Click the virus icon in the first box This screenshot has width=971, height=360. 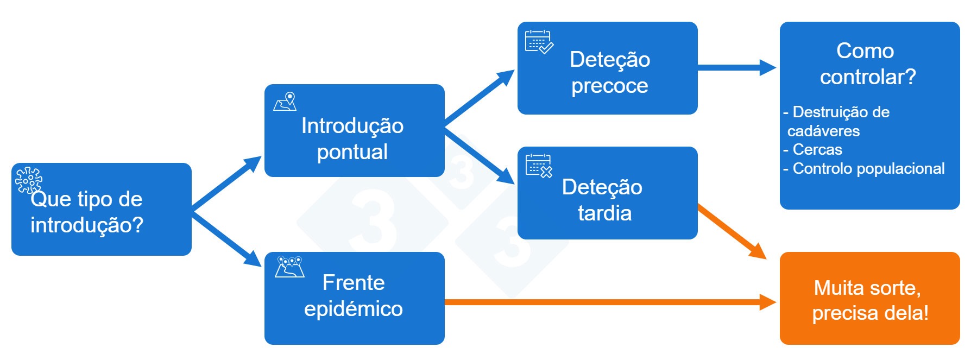[28, 180]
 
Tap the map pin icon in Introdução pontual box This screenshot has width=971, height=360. [285, 102]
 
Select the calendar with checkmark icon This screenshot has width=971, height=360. [539, 42]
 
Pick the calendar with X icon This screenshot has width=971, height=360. [539, 166]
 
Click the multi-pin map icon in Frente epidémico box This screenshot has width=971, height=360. [289, 267]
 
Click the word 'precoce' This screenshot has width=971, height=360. [609, 86]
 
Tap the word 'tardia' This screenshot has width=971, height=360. [604, 213]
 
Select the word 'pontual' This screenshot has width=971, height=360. [352, 152]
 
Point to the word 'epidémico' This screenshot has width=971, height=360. [353, 309]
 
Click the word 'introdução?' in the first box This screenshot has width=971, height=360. [87, 225]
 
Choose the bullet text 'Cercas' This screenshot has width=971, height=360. [817, 149]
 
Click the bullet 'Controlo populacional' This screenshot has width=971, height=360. [868, 168]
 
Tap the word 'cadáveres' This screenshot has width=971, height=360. [823, 131]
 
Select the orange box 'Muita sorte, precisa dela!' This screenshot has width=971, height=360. [869, 299]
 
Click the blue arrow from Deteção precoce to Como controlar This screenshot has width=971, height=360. [736, 67]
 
